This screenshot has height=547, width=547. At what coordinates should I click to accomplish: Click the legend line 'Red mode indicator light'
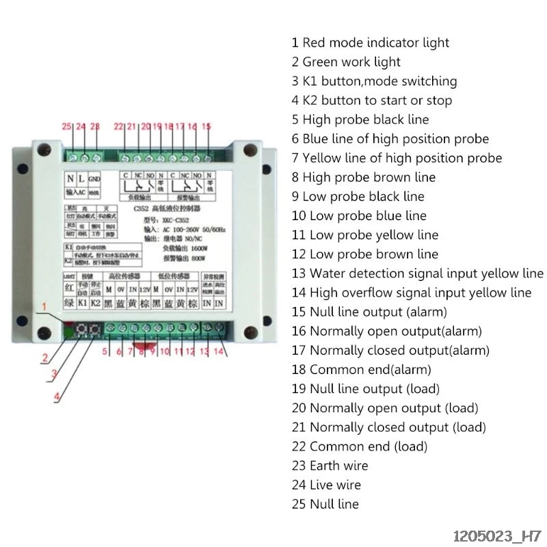(x=370, y=42)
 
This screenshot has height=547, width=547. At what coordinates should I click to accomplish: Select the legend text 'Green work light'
(x=346, y=62)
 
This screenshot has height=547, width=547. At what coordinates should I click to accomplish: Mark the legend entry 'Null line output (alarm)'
(x=369, y=312)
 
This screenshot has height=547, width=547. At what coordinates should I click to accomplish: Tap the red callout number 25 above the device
(x=66, y=126)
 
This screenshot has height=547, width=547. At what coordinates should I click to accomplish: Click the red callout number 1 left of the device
(x=44, y=308)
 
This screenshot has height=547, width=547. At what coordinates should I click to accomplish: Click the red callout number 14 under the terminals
(x=218, y=352)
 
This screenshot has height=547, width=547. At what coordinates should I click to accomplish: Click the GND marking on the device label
(x=94, y=178)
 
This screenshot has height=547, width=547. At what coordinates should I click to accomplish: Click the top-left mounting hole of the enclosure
(x=44, y=148)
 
